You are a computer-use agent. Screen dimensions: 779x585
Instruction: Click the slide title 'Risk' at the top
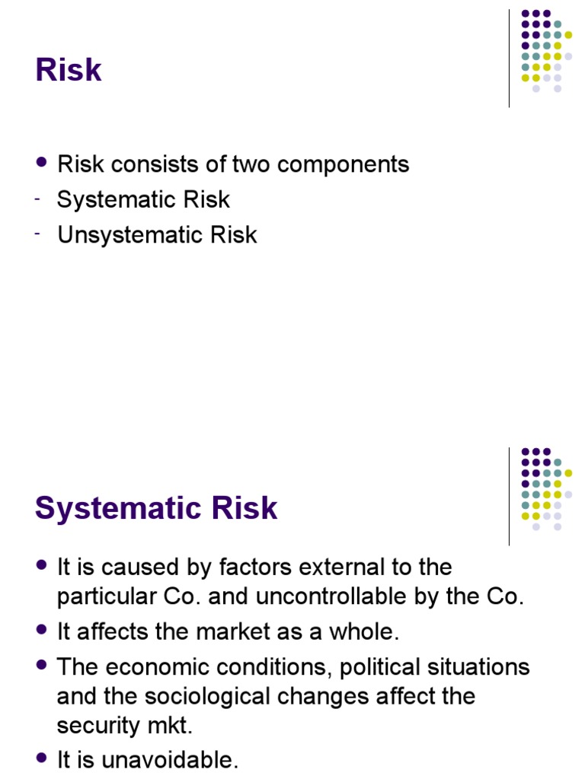pyautogui.click(x=69, y=70)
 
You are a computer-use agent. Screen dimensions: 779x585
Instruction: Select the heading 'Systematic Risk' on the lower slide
pyautogui.click(x=156, y=508)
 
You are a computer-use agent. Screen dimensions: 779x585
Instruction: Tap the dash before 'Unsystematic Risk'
pyautogui.click(x=37, y=234)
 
